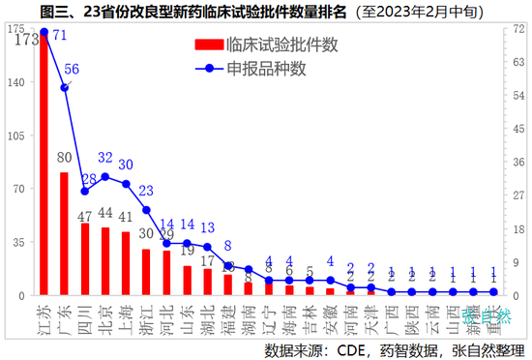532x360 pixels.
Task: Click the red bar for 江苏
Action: (x=44, y=165)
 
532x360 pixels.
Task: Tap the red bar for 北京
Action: (x=105, y=261)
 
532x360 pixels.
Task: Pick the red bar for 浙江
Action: (x=146, y=272)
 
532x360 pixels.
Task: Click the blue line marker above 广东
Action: (x=65, y=87)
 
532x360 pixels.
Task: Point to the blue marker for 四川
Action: (x=85, y=192)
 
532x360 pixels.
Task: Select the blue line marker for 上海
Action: (x=126, y=184)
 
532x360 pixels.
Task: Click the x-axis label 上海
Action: (x=124, y=315)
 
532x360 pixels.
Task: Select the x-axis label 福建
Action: (x=226, y=315)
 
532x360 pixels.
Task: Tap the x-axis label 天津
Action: (x=369, y=315)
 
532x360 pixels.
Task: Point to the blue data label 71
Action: (x=59, y=35)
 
